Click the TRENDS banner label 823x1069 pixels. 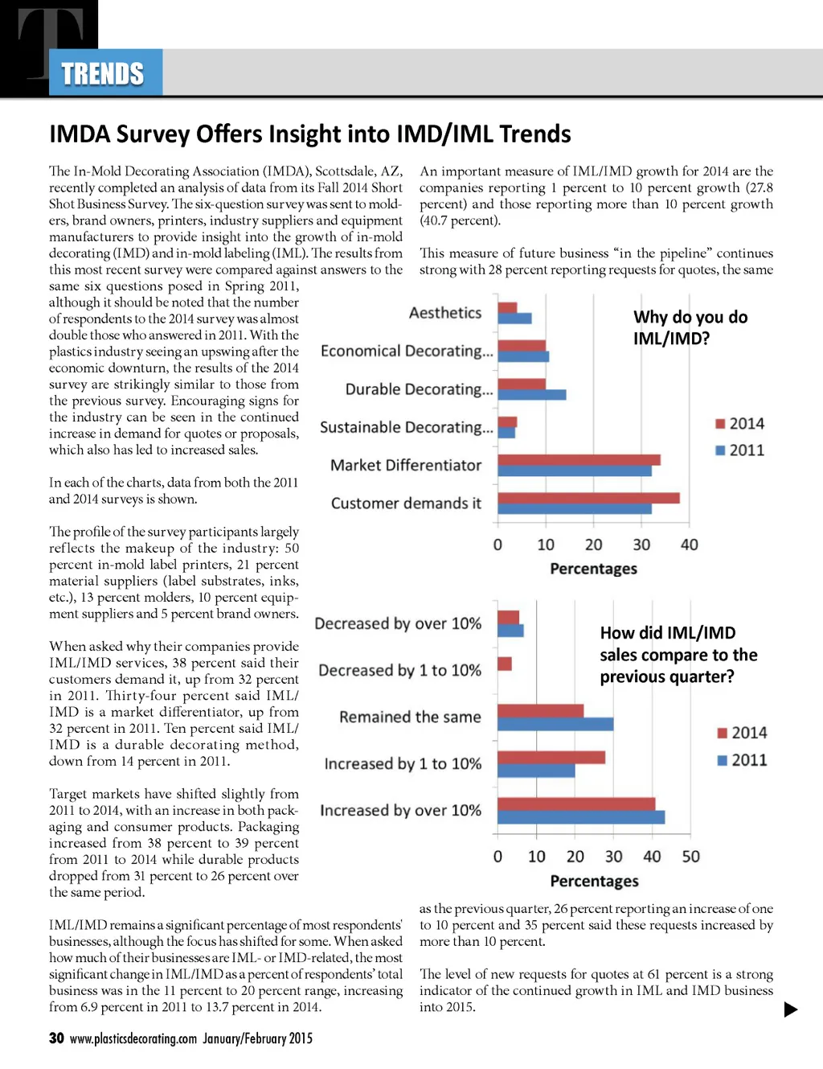pos(103,74)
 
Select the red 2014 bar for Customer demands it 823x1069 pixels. pos(588,498)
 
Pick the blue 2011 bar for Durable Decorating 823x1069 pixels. pos(531,395)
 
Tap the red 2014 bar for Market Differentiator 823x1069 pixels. pos(579,460)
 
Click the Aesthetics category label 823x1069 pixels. pos(445,313)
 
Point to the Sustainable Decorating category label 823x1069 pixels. pos(406,427)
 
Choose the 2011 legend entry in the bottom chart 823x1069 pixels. pos(742,760)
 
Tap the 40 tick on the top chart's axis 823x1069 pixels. pos(689,545)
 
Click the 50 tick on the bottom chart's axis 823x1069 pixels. pos(690,857)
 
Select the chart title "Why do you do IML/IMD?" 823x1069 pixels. pos(690,327)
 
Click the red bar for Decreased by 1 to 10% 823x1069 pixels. pos(505,664)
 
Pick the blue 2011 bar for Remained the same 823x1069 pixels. pos(555,724)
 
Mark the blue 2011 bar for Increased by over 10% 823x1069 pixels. pos(581,817)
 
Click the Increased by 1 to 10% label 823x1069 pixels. pos(403,763)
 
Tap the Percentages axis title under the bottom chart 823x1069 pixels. pos(594,882)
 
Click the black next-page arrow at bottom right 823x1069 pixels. pos(791,1009)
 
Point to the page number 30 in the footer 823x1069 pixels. pos(56,1038)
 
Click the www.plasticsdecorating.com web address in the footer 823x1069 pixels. pos(133,1038)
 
